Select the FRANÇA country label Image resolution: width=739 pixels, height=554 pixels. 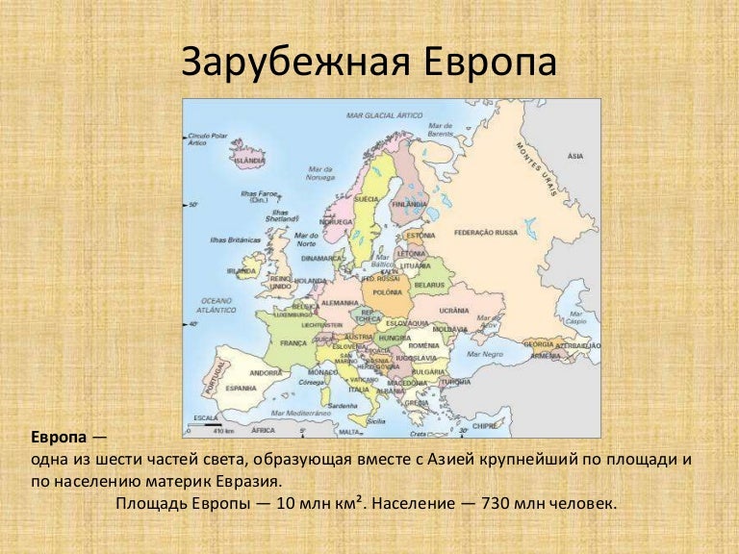tap(293, 342)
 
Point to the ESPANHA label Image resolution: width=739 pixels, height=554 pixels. tap(241, 388)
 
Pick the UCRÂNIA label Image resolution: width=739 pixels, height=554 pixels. tap(453, 311)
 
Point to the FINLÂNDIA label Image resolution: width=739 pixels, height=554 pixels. tap(410, 204)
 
